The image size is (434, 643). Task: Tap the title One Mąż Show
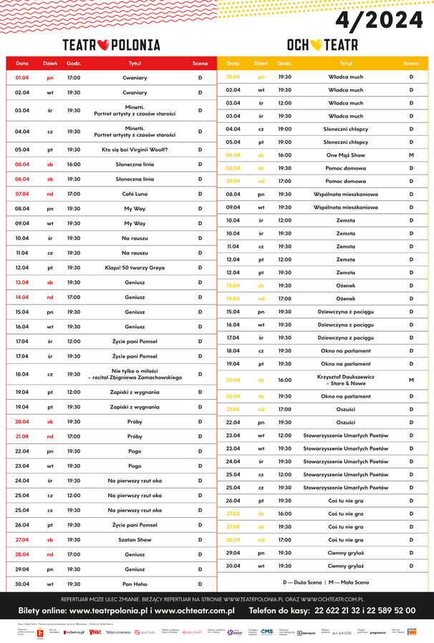[x=346, y=155]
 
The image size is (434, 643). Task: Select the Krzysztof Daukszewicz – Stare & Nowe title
[x=346, y=380]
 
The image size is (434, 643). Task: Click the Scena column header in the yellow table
[x=411, y=64]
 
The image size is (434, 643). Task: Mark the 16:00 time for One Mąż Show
[x=284, y=155]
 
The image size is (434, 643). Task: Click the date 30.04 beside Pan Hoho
[x=22, y=584]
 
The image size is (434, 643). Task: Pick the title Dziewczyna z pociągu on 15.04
[x=346, y=312]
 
